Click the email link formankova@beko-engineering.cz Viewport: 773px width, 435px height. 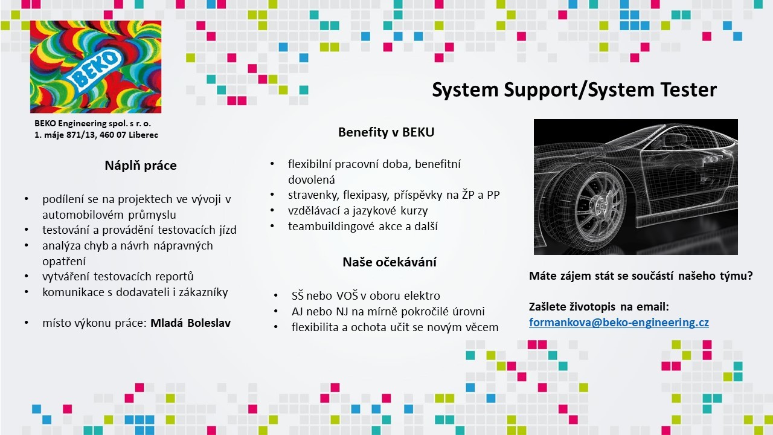(x=619, y=323)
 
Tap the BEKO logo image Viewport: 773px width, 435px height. (x=95, y=66)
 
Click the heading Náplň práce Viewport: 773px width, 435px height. (x=141, y=166)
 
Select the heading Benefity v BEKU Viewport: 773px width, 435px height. (x=386, y=132)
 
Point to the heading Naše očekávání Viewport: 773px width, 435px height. (x=390, y=262)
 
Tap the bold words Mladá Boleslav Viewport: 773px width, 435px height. (x=190, y=323)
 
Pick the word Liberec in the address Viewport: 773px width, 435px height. (x=143, y=135)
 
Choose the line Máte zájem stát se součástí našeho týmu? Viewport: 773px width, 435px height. (x=641, y=276)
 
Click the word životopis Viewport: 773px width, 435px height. (x=593, y=307)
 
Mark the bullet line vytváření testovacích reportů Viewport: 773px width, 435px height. (x=118, y=277)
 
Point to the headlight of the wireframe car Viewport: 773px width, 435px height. (x=711, y=159)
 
